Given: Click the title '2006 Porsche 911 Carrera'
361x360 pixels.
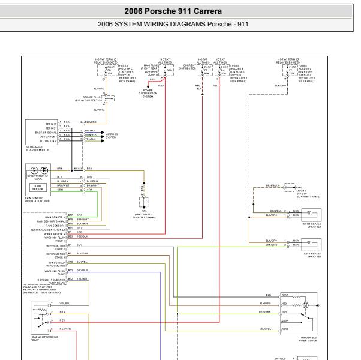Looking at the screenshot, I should [180, 10].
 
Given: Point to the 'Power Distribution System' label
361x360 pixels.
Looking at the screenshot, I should [148, 93].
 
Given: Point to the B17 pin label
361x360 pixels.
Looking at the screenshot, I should [71, 214].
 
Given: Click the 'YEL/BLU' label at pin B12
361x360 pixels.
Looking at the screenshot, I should [82, 278].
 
